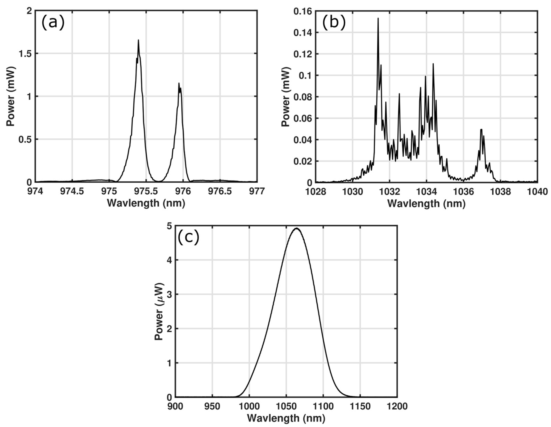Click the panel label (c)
coord(188,238)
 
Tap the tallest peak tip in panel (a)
coord(138,40)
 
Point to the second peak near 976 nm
coord(179,83)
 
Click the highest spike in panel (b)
coord(378,18)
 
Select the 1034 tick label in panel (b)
coord(426,192)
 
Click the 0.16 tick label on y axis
coord(303,11)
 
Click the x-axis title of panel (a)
coord(146,203)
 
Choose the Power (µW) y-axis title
coord(159,312)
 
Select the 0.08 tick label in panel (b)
coord(303,97)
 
